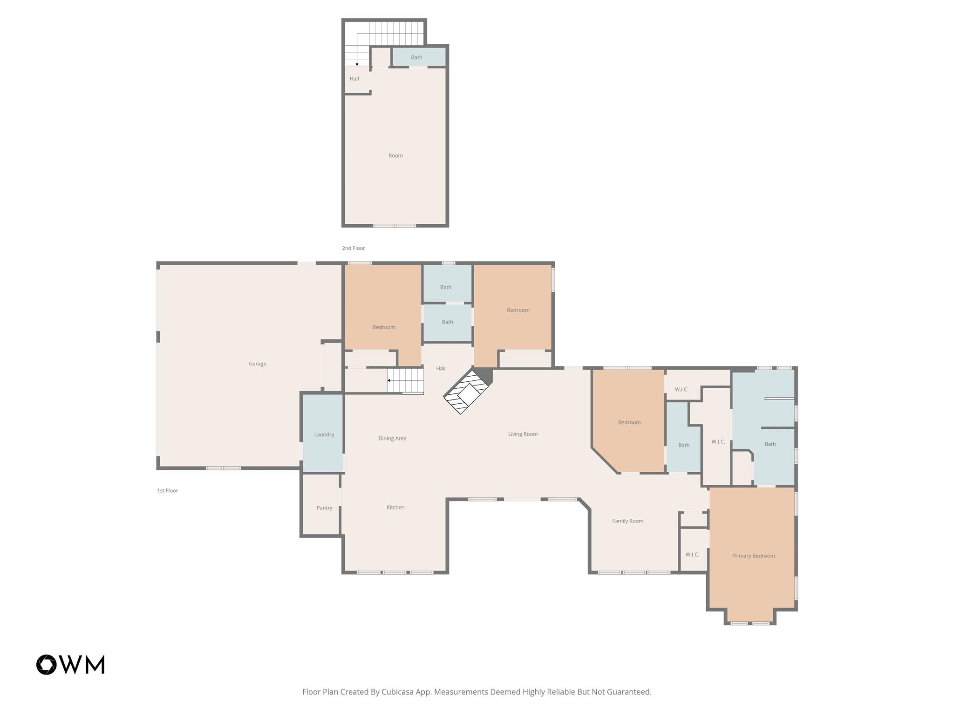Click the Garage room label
click(257, 364)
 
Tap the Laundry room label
click(324, 434)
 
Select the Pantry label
click(324, 508)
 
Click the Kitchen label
click(395, 507)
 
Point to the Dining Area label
click(392, 438)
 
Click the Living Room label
click(523, 434)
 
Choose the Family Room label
click(627, 521)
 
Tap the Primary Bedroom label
click(753, 556)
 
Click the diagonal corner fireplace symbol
click(467, 391)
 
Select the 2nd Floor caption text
click(353, 248)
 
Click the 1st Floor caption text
click(167, 490)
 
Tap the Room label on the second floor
click(395, 156)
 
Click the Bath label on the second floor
click(416, 58)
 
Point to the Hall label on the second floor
click(354, 79)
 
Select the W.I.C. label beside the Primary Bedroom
click(692, 555)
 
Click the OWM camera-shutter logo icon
click(47, 665)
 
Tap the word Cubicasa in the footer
click(399, 692)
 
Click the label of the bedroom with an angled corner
click(629, 422)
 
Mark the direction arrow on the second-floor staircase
click(357, 63)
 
